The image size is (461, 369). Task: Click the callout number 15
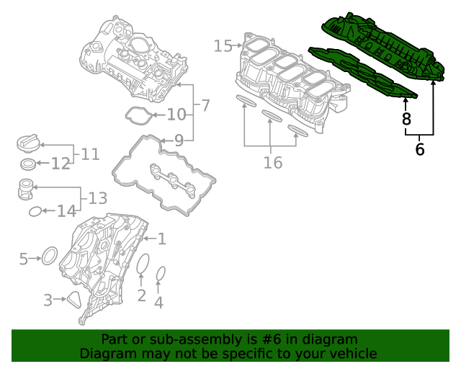pos(223,46)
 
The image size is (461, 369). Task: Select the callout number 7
pos(205,106)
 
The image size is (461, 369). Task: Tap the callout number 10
pos(176,115)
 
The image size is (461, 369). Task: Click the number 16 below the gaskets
pos(272,163)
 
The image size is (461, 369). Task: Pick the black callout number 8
pos(406,120)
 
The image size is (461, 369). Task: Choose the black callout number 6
pos(420,150)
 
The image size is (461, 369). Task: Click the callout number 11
pos(90,154)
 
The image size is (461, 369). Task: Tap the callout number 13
pos(97,197)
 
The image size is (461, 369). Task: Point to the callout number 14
pos(66,211)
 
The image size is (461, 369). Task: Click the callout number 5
pos(23,258)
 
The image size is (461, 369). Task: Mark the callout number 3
pos(48,300)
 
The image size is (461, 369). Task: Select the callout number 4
pos(159,303)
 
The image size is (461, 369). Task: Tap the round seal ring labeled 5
pos(49,256)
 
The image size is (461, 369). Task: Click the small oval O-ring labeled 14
pos(35,211)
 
